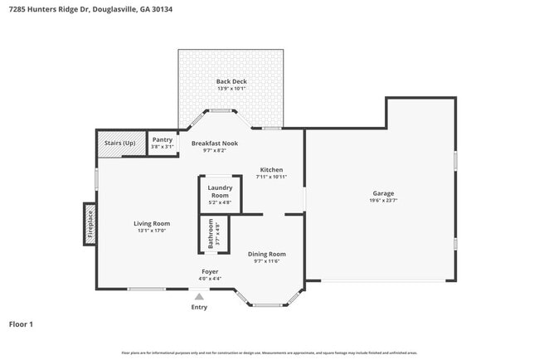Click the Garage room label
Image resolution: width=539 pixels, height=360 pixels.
(382, 193)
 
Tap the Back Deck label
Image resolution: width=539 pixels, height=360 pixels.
(231, 81)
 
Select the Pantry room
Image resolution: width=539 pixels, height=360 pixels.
(163, 142)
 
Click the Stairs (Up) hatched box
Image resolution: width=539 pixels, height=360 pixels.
(120, 143)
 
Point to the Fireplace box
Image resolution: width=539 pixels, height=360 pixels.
(90, 224)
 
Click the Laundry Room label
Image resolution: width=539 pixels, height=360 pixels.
(219, 192)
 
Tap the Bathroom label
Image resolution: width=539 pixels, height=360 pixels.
(211, 234)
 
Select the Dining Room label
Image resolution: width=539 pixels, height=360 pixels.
(267, 254)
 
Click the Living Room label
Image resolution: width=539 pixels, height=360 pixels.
(152, 223)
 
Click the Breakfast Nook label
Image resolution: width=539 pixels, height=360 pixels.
(215, 144)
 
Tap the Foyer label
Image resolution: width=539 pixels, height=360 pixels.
(211, 271)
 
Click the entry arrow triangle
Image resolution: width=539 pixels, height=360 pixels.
(199, 295)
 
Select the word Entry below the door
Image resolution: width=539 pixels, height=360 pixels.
(199, 308)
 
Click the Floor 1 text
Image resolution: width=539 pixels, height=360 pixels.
(21, 324)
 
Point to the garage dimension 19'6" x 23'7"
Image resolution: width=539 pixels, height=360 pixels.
(382, 201)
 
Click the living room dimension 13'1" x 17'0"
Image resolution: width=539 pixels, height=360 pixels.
(152, 231)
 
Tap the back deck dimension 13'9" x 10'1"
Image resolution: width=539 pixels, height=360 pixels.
(231, 89)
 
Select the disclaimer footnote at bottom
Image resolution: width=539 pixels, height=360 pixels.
(269, 353)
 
